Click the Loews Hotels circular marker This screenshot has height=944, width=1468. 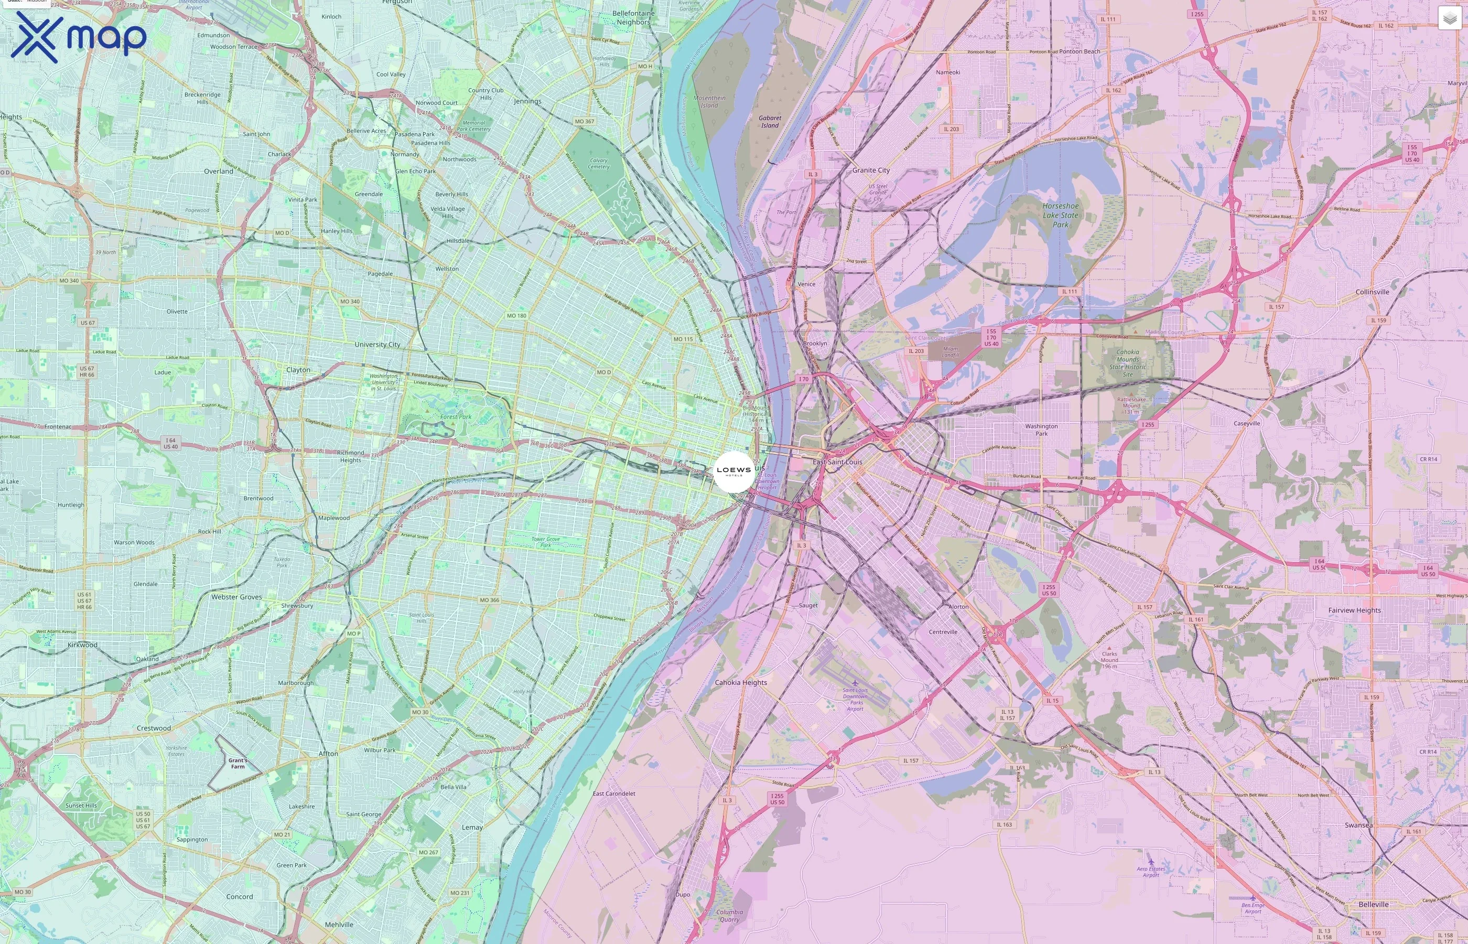tap(733, 471)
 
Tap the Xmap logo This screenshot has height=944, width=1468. tap(79, 37)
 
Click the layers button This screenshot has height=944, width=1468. tap(1449, 18)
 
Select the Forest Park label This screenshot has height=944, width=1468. tap(456, 417)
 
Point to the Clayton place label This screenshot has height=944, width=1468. tap(298, 370)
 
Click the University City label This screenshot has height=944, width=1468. tap(377, 345)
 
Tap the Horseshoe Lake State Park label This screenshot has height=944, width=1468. tap(1061, 215)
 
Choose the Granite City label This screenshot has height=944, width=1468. tap(871, 170)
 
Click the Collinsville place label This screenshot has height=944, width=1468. tap(1372, 292)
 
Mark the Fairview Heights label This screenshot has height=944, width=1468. tap(1354, 610)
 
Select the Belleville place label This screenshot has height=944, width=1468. tap(1373, 904)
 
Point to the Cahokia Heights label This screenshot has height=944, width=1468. tap(741, 682)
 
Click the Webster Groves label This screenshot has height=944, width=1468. tap(236, 596)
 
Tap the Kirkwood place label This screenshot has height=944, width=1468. tap(82, 645)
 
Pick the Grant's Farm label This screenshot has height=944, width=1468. tap(238, 763)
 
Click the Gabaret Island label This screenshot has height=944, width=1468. tap(770, 121)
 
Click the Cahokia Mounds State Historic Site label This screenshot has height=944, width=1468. tap(1127, 363)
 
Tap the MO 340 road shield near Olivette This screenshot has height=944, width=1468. tap(350, 302)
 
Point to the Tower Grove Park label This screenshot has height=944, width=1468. tap(545, 542)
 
